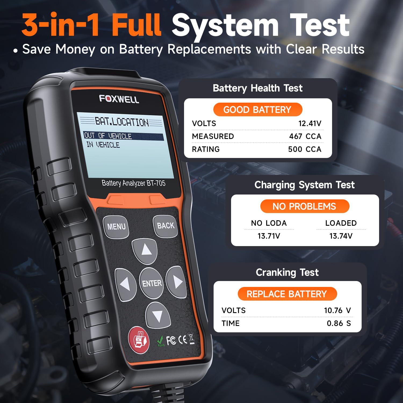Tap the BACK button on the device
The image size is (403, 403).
(165, 226)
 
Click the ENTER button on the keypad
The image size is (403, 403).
(152, 283)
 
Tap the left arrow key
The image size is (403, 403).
(125, 284)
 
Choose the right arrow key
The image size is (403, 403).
(177, 282)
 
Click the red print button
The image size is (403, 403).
(139, 340)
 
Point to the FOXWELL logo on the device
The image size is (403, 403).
(119, 99)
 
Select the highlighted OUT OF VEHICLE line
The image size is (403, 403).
(123, 136)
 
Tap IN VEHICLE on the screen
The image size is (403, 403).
(103, 145)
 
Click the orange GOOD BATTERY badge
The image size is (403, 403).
(258, 110)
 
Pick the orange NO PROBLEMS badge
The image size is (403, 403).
(305, 206)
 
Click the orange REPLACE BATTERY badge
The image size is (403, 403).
(287, 294)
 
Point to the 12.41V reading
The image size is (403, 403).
(310, 123)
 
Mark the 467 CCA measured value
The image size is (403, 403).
(305, 136)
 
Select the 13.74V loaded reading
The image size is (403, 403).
(341, 236)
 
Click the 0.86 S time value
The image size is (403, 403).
(339, 323)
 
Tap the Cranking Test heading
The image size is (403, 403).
(287, 272)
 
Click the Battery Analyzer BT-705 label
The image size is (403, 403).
(134, 183)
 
